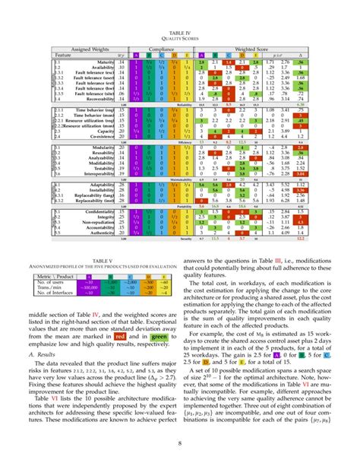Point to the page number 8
tap(180, 447)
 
